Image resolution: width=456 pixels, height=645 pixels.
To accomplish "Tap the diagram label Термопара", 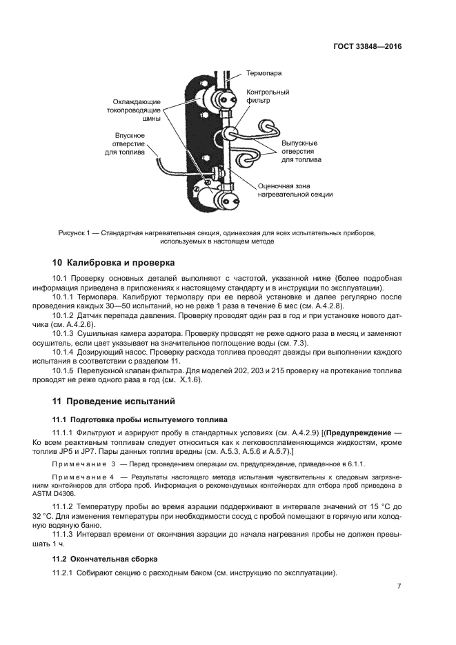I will click(265, 72).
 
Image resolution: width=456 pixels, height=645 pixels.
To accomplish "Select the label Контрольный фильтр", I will click(268, 96).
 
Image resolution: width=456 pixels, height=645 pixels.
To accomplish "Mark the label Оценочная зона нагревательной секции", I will click(295, 190).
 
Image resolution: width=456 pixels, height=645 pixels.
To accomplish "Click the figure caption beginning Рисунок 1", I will click(217, 237).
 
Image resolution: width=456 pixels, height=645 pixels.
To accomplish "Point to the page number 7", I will click(399, 586).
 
